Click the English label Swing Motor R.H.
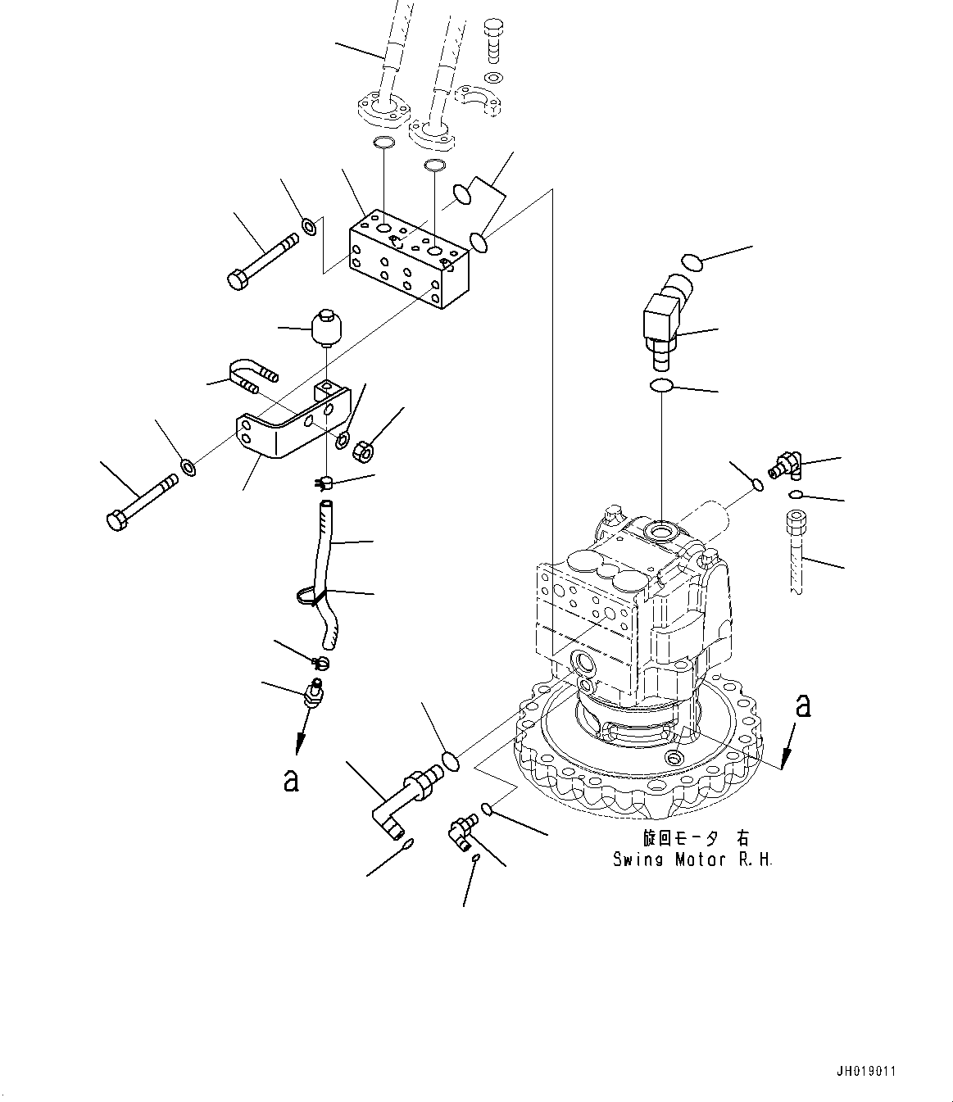click(692, 859)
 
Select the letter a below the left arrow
click(290, 781)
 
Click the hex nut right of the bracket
click(364, 449)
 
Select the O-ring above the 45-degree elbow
click(692, 262)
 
